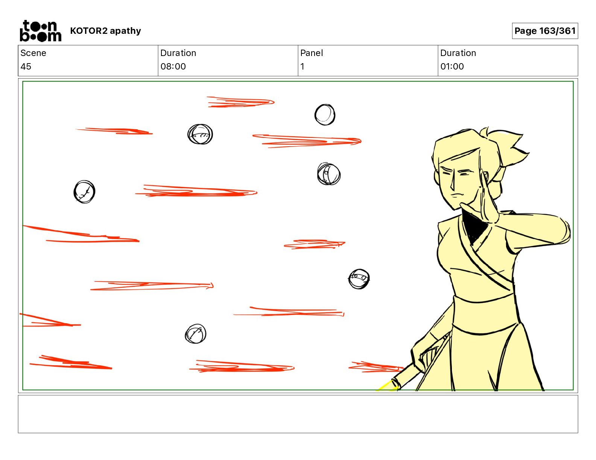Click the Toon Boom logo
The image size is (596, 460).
coord(41,31)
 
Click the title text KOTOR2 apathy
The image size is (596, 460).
coord(106,31)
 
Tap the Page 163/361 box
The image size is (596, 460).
coord(545,31)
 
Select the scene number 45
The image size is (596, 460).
coord(26,66)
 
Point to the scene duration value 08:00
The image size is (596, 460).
coord(173,66)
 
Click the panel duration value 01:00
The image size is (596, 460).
coord(452,66)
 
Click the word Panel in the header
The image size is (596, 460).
coord(312,53)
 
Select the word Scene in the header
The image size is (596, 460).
coord(33,53)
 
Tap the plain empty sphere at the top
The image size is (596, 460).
coord(325,115)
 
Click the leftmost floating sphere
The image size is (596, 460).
coord(85,192)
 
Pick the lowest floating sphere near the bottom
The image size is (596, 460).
coord(196,334)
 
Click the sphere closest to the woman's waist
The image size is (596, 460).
coord(359,279)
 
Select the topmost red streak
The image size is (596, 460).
coord(240,102)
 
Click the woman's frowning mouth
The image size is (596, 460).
coord(457,196)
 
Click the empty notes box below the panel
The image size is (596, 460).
coord(298,414)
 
